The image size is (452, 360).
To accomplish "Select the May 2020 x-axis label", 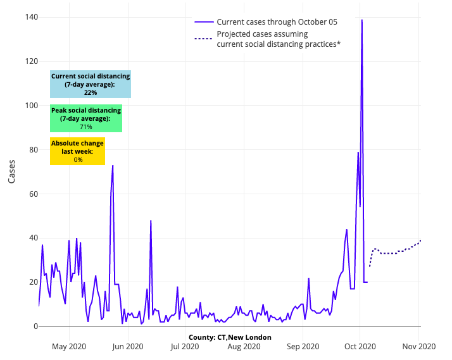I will tap(68, 346).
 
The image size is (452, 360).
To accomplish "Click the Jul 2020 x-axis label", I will tap(184, 346).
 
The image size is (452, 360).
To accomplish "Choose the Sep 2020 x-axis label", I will tap(302, 346).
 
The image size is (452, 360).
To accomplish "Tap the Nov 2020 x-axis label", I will tap(418, 346).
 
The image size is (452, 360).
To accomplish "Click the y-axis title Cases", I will tap(12, 171).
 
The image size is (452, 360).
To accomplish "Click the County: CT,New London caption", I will tap(230, 337).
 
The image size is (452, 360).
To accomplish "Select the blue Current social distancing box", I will tap(91, 84).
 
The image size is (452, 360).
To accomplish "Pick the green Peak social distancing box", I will tap(86, 118).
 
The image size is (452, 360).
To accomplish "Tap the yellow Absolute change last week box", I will tap(77, 151).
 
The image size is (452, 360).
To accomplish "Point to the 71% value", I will tap(86, 127).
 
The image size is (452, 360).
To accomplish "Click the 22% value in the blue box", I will tap(91, 92).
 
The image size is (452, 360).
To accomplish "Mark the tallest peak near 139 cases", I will tap(362, 20).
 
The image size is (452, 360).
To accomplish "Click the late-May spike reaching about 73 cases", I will tap(113, 166).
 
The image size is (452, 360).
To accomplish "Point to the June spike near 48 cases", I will tap(151, 221).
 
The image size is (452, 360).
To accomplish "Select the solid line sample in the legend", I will tap(203, 22).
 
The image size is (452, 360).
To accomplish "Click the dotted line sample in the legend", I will tap(203, 39).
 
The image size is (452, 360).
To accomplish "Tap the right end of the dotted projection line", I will tap(420, 240).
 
